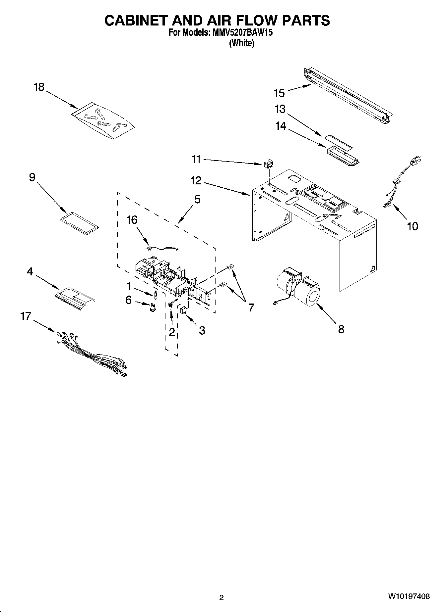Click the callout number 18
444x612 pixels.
pyautogui.click(x=39, y=87)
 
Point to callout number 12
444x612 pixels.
pyautogui.click(x=196, y=181)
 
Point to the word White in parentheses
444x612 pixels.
pyautogui.click(x=242, y=43)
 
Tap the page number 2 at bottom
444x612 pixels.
pyautogui.click(x=222, y=597)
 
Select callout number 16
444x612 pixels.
pyautogui.click(x=132, y=220)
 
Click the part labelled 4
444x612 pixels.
pyautogui.click(x=75, y=297)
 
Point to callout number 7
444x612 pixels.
pyautogui.click(x=251, y=307)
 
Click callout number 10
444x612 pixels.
pyautogui.click(x=412, y=226)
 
